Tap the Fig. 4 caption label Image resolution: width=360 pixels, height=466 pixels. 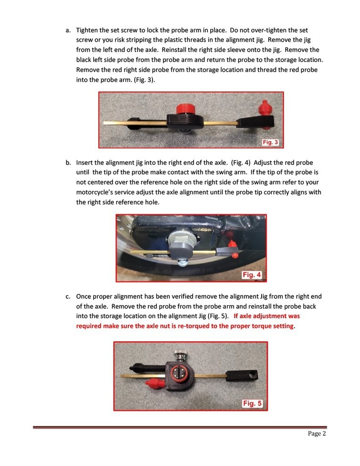[252, 275]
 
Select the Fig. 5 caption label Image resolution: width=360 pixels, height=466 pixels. [252, 404]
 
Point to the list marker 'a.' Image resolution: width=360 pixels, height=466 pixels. [68, 30]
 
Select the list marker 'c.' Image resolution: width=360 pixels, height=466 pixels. [68, 296]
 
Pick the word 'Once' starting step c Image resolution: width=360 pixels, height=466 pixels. [84, 296]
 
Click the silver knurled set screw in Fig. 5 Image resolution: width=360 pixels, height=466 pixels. [179, 354]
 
